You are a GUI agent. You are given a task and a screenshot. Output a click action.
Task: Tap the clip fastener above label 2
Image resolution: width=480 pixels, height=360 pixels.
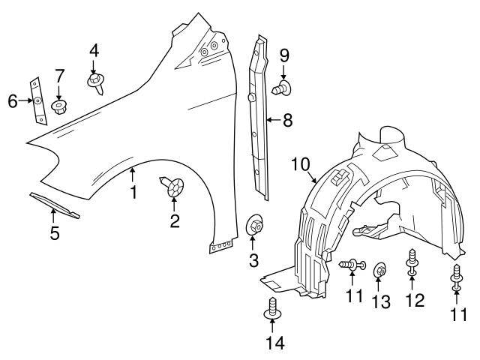[x=173, y=186]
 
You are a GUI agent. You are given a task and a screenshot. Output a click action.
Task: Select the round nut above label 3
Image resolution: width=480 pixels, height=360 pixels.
[x=254, y=223]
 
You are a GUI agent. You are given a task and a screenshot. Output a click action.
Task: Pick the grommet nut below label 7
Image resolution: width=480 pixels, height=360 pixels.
[x=59, y=107]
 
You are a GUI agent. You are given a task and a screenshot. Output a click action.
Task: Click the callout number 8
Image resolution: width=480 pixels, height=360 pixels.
[x=287, y=119]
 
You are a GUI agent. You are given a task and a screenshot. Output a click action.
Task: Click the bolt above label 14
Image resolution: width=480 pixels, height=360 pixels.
[x=271, y=308]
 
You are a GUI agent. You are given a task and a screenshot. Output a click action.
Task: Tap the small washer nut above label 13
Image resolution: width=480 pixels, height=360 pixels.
[x=379, y=268]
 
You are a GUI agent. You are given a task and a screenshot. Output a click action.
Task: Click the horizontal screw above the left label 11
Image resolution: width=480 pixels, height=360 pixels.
[x=352, y=263]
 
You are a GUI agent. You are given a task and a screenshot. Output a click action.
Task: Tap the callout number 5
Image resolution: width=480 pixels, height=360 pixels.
[x=54, y=233]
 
